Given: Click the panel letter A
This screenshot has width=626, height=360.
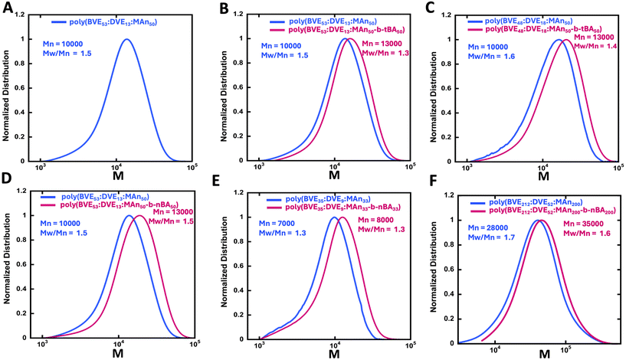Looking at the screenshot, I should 8,8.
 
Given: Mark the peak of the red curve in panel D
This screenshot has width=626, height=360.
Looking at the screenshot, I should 140,216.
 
